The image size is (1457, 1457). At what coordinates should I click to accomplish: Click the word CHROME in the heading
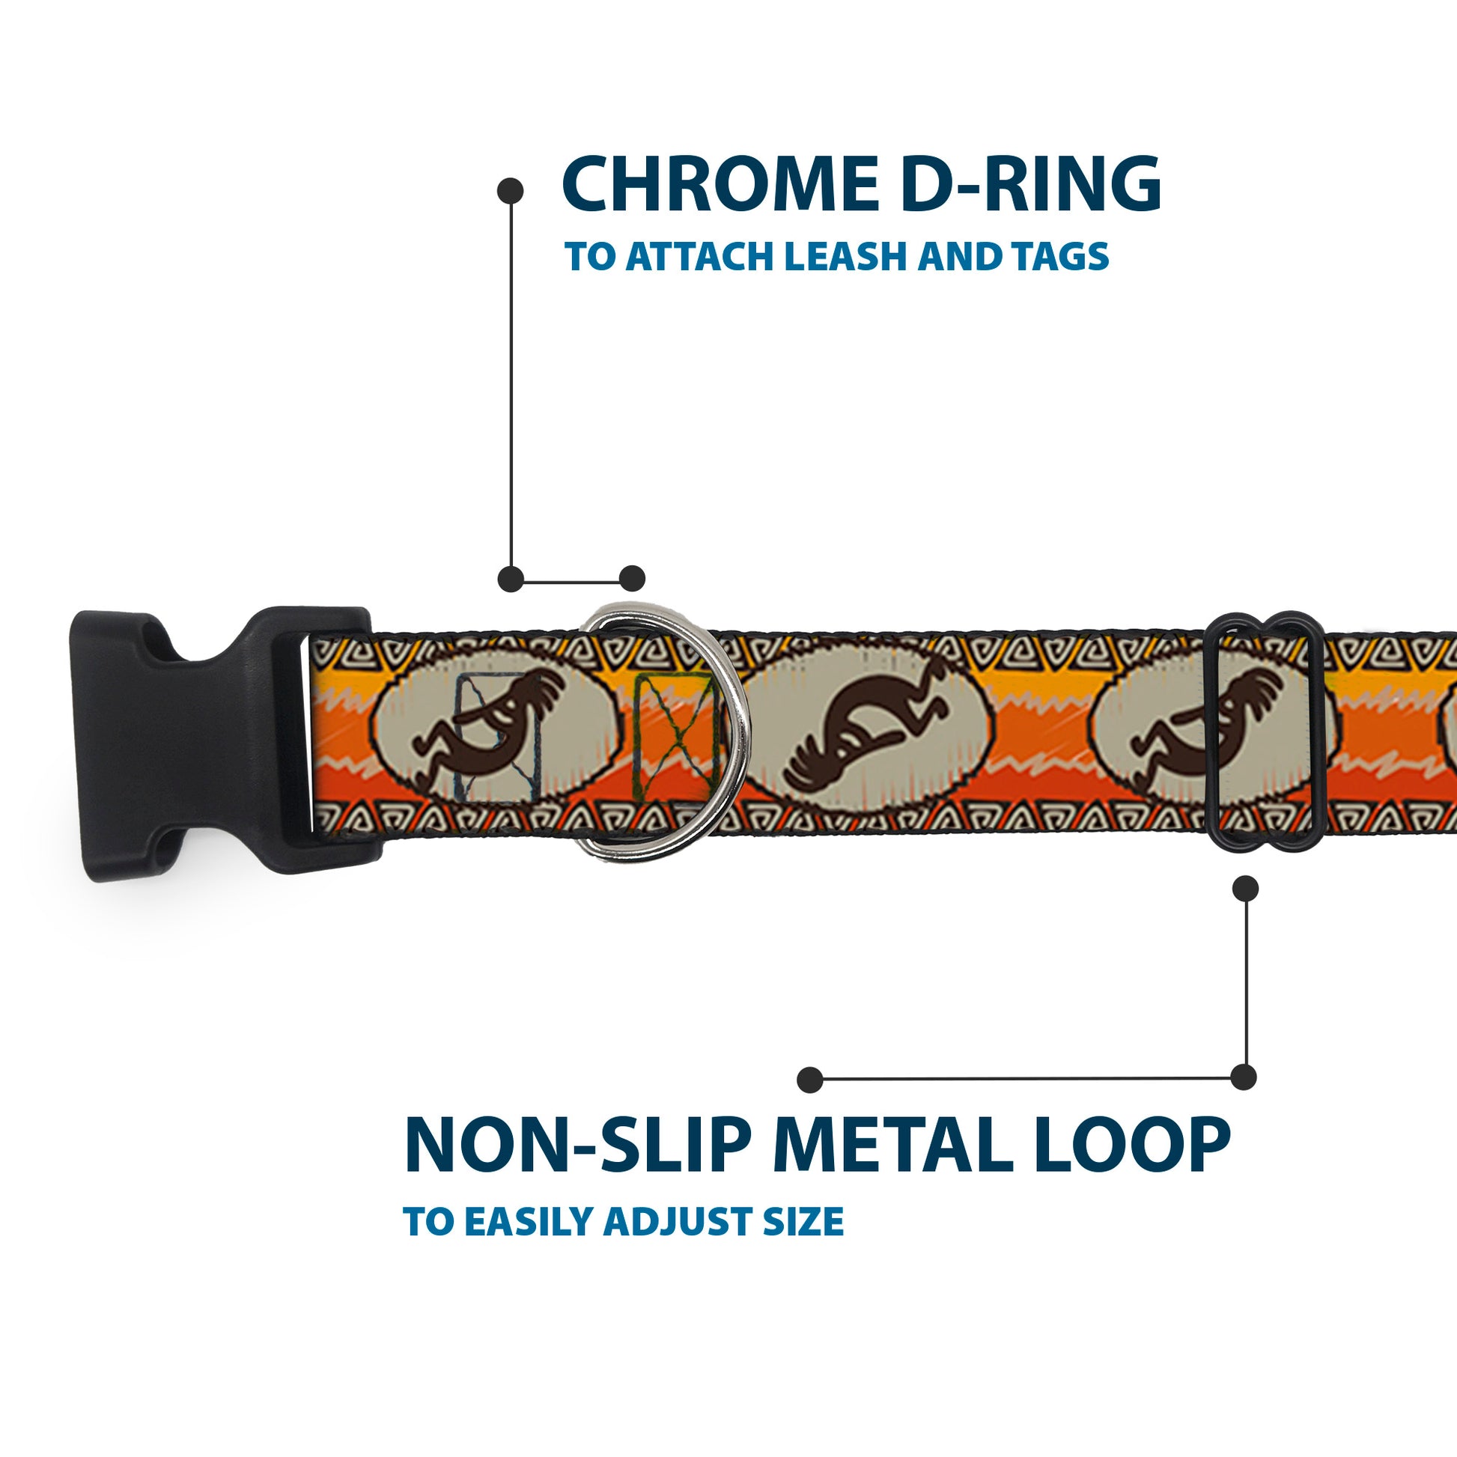pos(717,185)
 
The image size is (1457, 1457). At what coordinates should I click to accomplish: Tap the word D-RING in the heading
pos(1030,185)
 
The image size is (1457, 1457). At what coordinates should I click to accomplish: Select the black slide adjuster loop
pos(1266,731)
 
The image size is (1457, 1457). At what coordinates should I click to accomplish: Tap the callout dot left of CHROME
pos(511,190)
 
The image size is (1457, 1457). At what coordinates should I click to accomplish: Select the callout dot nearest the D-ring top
pos(632,579)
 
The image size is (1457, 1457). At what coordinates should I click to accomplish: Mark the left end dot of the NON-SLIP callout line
pos(809,1079)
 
